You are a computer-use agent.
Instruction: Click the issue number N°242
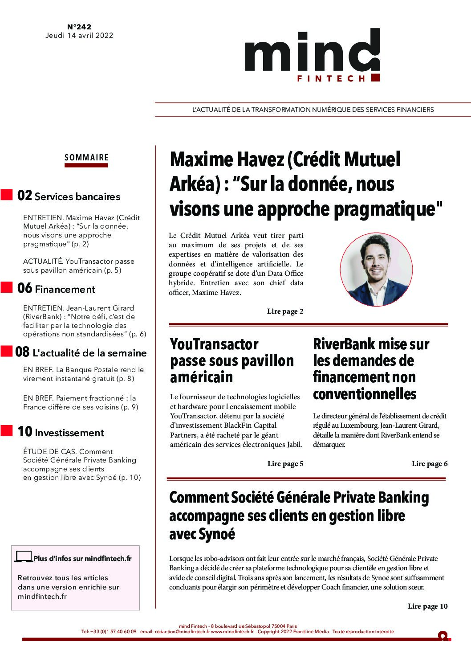79,27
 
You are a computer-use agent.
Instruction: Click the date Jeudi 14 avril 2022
79,36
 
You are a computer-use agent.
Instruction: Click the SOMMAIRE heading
86,157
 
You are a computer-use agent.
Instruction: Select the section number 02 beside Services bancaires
24,196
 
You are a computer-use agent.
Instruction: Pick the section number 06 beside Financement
24,288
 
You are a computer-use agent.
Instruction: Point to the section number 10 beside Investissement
24,432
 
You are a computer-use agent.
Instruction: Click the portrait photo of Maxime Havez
369,269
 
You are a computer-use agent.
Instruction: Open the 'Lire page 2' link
285,311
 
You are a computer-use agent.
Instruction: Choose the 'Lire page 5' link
285,464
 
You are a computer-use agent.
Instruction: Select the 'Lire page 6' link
429,464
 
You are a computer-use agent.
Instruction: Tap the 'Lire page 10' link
427,606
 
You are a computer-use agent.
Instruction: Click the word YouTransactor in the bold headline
214,344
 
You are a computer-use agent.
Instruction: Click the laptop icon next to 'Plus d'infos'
24,557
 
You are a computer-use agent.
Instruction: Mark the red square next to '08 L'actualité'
6,351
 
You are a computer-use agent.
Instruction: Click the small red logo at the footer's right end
443,636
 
